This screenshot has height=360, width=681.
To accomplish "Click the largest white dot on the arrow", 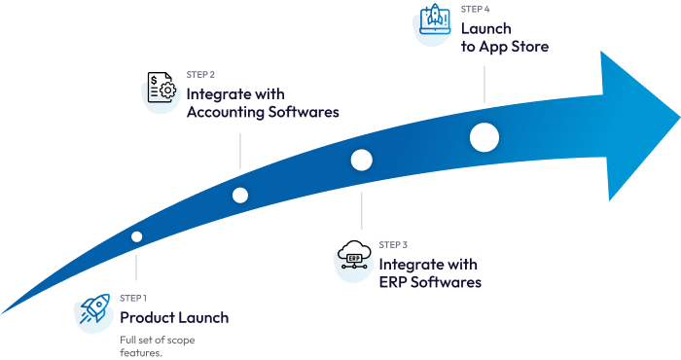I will tap(484, 138).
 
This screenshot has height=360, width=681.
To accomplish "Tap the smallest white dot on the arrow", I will tap(137, 236).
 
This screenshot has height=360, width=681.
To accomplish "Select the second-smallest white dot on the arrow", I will tap(240, 196).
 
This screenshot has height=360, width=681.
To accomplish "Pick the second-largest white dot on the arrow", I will tap(362, 160).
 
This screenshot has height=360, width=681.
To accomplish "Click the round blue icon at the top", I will tap(433, 26).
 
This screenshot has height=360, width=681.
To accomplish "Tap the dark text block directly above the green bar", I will tap(175, 311).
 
